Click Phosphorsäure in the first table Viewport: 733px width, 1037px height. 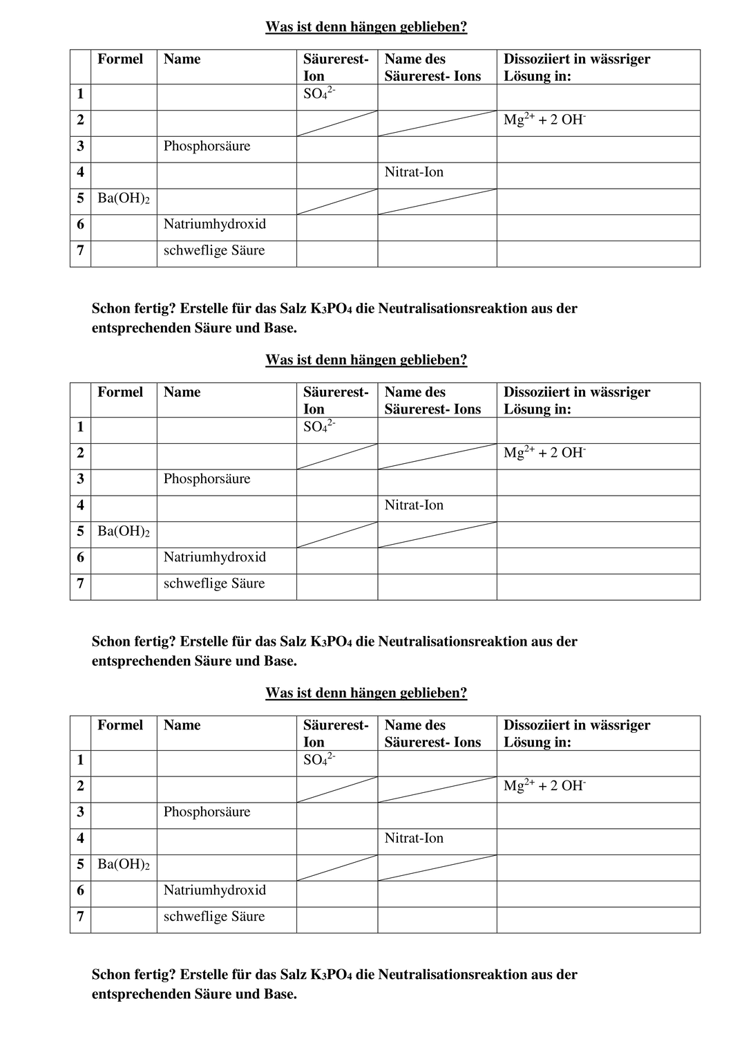point(207,147)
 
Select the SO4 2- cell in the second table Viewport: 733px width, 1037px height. point(319,427)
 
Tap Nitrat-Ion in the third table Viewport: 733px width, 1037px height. point(414,839)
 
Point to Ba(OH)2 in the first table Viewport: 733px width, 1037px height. point(124,199)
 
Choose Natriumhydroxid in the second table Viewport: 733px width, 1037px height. point(214,557)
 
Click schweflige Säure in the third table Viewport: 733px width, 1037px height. point(213,917)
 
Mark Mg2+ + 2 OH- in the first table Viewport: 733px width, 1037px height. point(544,120)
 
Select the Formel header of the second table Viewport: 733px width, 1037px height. point(120,392)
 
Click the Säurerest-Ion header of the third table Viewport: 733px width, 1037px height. point(336,734)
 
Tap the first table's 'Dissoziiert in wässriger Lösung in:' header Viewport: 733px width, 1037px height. point(576,67)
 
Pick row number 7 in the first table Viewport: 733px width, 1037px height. point(80,251)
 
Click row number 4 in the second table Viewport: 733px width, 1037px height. point(80,505)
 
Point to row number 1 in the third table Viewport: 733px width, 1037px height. point(80,760)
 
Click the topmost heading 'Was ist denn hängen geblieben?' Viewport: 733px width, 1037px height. point(366,27)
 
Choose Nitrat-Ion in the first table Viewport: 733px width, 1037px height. point(414,173)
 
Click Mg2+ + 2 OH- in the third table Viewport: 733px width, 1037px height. point(544,786)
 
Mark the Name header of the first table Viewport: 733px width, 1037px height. point(182,59)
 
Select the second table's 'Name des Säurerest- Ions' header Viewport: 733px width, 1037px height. point(432,400)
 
